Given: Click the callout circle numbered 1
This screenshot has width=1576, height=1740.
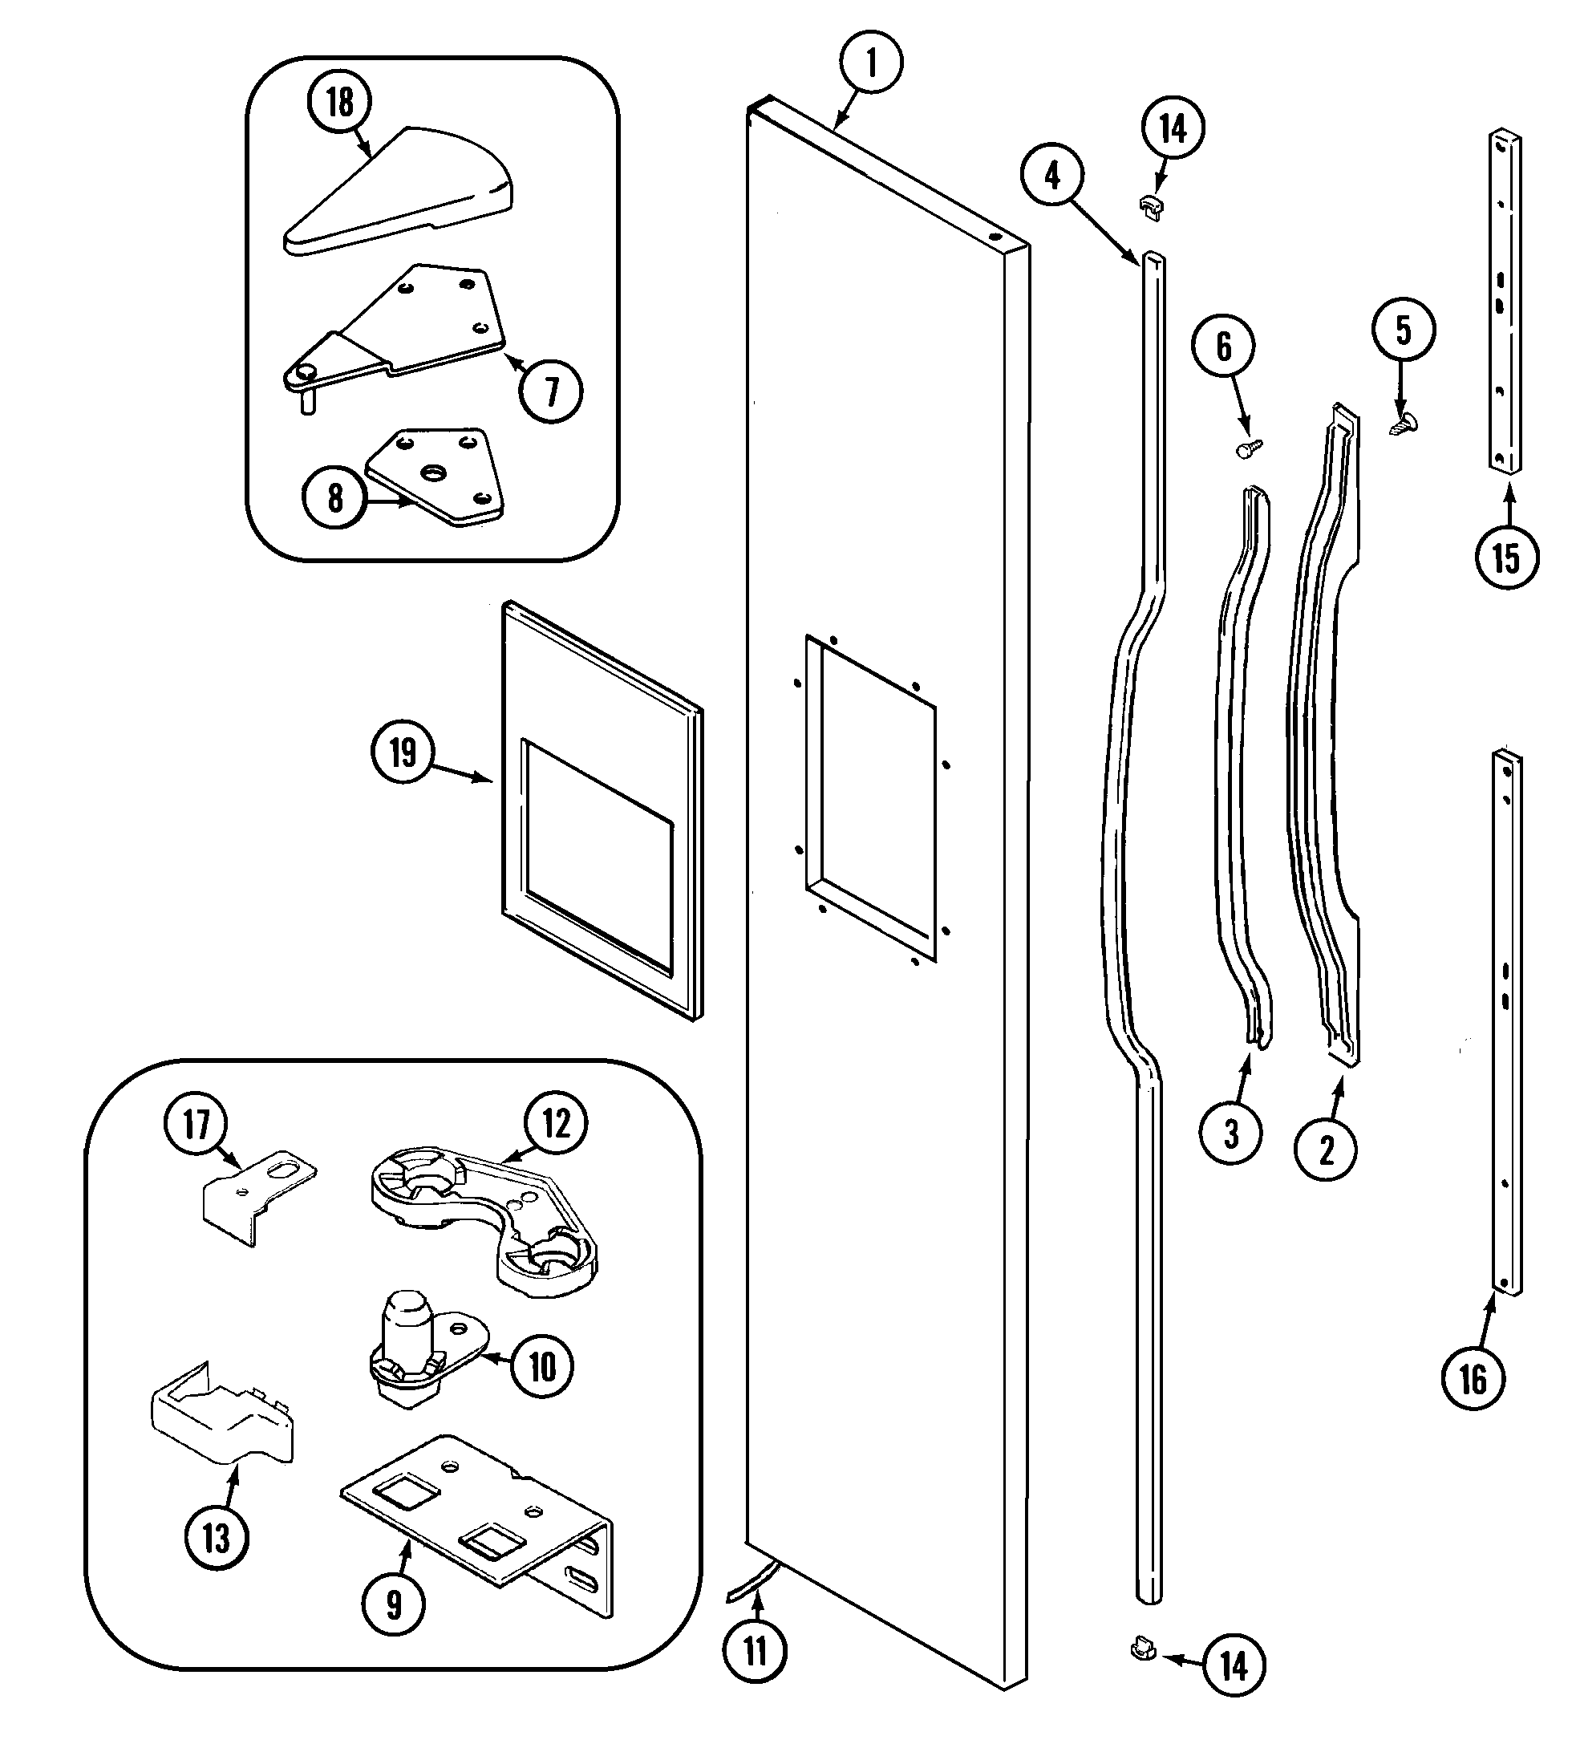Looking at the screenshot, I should point(871,64).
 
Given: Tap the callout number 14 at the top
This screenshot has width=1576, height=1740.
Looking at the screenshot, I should point(1173,128).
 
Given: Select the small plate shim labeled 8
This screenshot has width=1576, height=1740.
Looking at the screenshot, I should point(436,477).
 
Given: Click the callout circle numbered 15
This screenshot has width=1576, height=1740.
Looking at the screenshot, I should point(1506,558).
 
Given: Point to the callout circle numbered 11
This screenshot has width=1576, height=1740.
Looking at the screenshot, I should point(756,1652).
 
